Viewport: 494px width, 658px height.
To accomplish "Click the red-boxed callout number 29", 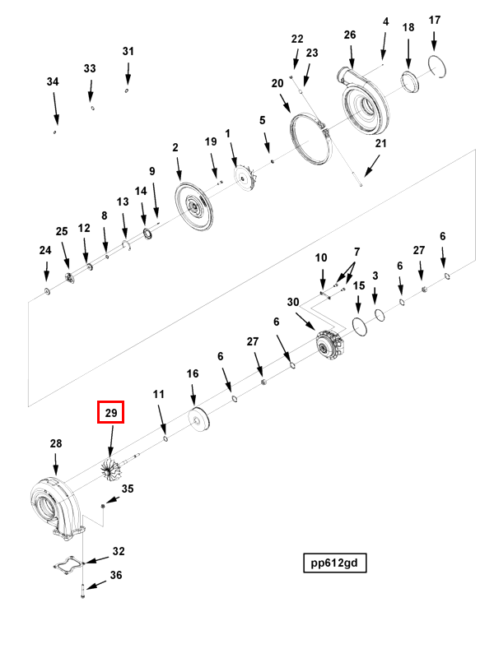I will click(x=110, y=412).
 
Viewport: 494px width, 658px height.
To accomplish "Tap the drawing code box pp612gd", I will click(x=333, y=563).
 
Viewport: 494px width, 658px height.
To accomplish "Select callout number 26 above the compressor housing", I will click(x=350, y=35).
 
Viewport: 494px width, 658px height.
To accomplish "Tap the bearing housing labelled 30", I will click(x=331, y=343).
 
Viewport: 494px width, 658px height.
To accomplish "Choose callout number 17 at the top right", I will click(x=435, y=20).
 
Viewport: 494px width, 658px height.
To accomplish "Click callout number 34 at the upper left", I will click(x=53, y=82).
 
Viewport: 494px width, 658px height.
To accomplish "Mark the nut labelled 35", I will click(x=103, y=504).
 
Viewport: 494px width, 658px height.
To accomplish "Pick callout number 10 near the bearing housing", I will click(x=321, y=258).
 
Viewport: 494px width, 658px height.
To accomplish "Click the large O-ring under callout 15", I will click(x=358, y=327).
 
